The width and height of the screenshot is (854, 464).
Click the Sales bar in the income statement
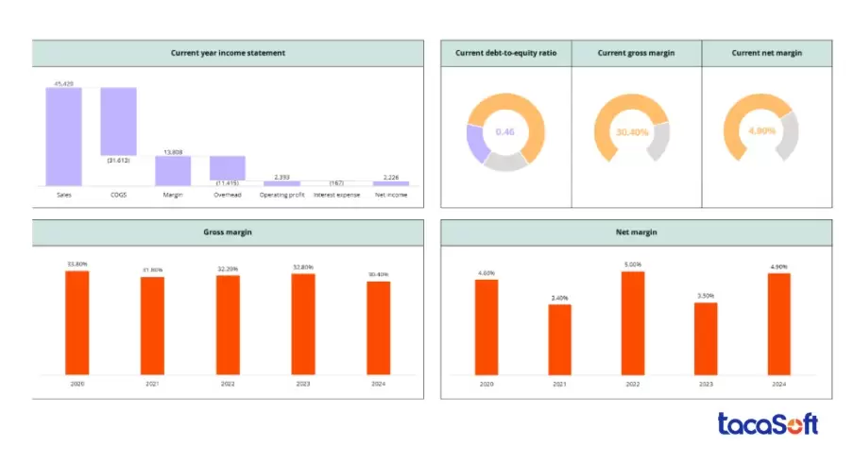click(64, 136)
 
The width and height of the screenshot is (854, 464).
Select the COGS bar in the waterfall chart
click(119, 121)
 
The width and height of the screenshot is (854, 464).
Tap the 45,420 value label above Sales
click(64, 83)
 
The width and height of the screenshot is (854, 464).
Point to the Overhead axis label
click(227, 195)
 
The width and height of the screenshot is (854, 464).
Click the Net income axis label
click(390, 195)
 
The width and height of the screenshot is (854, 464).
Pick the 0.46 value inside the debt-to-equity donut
click(505, 132)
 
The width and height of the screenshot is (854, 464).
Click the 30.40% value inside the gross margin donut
click(632, 132)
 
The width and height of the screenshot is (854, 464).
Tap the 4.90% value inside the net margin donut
click(761, 131)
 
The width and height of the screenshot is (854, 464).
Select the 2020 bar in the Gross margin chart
click(77, 322)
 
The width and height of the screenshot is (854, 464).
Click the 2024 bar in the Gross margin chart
click(378, 327)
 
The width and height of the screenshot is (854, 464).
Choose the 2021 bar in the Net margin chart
click(560, 338)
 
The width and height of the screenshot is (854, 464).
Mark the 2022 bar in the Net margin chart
click(633, 322)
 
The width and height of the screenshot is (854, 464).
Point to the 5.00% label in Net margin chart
click(633, 265)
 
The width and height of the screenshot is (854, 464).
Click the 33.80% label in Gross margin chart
click(77, 265)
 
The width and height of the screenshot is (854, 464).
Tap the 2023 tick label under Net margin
click(706, 383)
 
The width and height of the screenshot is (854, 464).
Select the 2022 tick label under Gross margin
click(228, 383)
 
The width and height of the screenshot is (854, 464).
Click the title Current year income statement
click(228, 53)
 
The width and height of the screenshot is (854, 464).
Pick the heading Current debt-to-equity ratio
click(506, 53)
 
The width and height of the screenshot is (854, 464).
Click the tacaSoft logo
click(767, 424)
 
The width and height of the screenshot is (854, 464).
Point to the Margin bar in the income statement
click(174, 170)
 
